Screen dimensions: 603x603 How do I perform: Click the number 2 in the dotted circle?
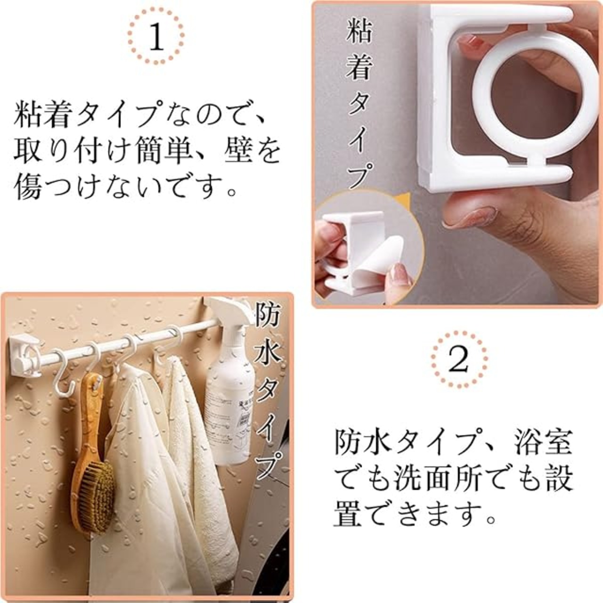(x=459, y=359)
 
